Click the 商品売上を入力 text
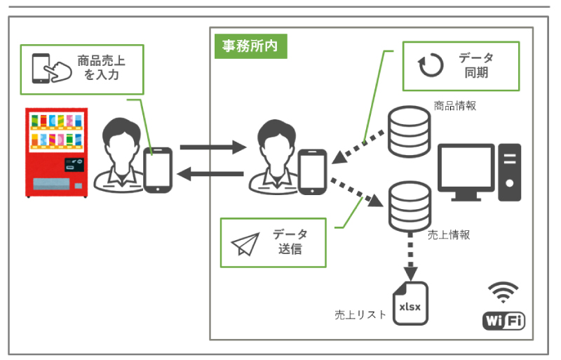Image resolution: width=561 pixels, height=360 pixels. click(101, 68)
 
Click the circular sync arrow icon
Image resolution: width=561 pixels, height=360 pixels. click(431, 65)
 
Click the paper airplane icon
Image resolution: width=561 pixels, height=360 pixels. click(245, 243)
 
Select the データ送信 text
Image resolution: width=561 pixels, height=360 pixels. click(290, 242)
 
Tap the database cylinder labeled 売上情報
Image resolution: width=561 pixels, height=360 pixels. click(410, 204)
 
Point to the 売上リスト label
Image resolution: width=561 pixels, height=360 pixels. click(360, 315)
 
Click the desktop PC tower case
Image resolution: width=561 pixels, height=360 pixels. click(510, 172)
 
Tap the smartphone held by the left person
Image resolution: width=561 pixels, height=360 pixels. click(158, 169)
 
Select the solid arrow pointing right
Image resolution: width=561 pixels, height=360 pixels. click(211, 148)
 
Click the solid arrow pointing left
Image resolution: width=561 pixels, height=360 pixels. click(210, 174)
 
